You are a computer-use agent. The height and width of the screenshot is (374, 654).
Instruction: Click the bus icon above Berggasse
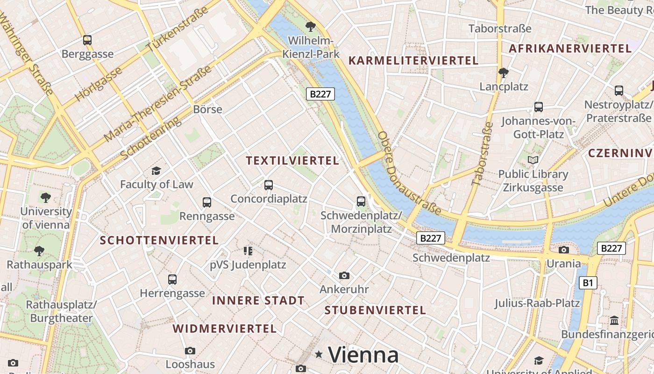pyautogui.click(x=87, y=40)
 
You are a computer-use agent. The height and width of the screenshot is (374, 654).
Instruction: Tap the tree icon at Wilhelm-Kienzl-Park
pyautogui.click(x=310, y=27)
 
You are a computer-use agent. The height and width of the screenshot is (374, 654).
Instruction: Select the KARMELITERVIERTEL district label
pyautogui.click(x=413, y=61)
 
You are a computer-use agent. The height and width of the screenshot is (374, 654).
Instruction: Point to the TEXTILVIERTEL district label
pyautogui.click(x=292, y=161)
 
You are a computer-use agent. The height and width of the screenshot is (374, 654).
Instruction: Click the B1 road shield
pyautogui.click(x=588, y=283)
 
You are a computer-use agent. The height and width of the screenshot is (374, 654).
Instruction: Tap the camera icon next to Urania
pyautogui.click(x=564, y=250)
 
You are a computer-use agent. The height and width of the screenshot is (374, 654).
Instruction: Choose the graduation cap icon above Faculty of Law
pyautogui.click(x=156, y=171)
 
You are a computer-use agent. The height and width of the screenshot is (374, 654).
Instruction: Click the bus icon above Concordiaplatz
pyautogui.click(x=268, y=185)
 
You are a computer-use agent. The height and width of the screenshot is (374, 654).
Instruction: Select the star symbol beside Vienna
pyautogui.click(x=319, y=355)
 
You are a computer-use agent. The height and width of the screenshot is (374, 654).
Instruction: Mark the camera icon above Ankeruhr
pyautogui.click(x=344, y=275)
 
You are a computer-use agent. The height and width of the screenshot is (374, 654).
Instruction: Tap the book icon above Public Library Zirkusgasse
pyautogui.click(x=533, y=160)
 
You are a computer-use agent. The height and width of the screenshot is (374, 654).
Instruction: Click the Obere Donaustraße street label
pyautogui.click(x=409, y=173)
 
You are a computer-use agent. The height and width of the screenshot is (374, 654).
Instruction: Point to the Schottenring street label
pyautogui.click(x=150, y=138)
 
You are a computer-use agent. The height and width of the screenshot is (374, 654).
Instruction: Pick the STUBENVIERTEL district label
pyautogui.click(x=375, y=310)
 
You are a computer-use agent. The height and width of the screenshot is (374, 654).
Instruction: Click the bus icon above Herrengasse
pyautogui.click(x=172, y=280)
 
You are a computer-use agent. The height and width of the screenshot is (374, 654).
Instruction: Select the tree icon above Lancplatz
pyautogui.click(x=503, y=73)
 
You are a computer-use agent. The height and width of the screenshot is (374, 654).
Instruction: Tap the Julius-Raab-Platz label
pyautogui.click(x=537, y=303)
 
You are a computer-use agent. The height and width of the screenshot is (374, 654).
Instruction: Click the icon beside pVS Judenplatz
pyautogui.click(x=248, y=251)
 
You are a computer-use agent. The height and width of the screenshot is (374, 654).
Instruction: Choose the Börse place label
pyautogui.click(x=207, y=109)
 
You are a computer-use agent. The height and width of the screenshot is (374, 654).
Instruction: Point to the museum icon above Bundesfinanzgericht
pyautogui.click(x=614, y=321)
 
